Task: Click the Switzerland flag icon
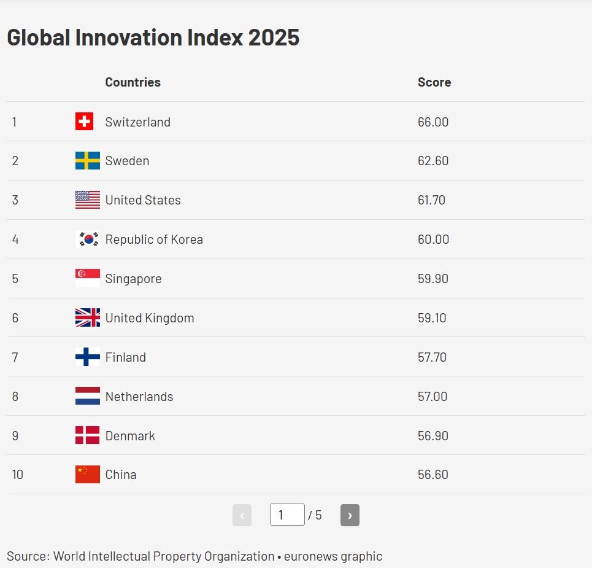coord(84,122)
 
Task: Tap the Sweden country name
coord(127,161)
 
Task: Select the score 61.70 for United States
coord(431,200)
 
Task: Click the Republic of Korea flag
coord(87,239)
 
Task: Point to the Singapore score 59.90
coord(432,279)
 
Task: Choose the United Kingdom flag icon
coord(87,318)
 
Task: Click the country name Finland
coord(125,357)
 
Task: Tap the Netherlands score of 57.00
coord(432,397)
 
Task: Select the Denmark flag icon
coord(87,435)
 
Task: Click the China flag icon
coord(87,475)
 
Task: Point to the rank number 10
coord(17,475)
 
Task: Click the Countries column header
coord(133,82)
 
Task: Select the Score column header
coord(434,82)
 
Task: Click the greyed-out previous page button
coord(242,515)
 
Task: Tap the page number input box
coord(286,515)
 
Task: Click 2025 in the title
coord(274,37)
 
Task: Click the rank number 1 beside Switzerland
coord(14,122)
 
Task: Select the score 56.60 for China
coord(432,475)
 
